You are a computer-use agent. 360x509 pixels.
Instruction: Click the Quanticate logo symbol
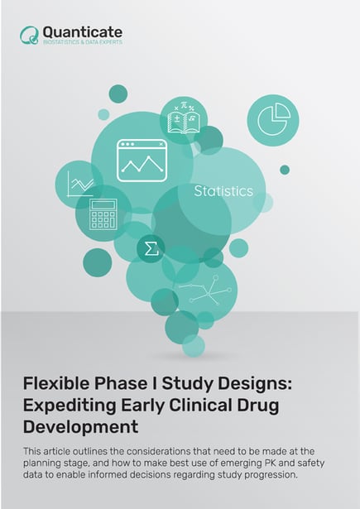coord(30,34)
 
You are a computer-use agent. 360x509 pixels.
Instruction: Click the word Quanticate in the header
coord(82,31)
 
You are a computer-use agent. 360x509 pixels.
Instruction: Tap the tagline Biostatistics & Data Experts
coord(82,41)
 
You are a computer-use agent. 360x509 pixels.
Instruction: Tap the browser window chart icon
coord(142,160)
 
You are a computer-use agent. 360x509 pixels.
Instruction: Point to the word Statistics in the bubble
coord(223,191)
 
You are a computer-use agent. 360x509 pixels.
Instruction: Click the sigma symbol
coord(150,248)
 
